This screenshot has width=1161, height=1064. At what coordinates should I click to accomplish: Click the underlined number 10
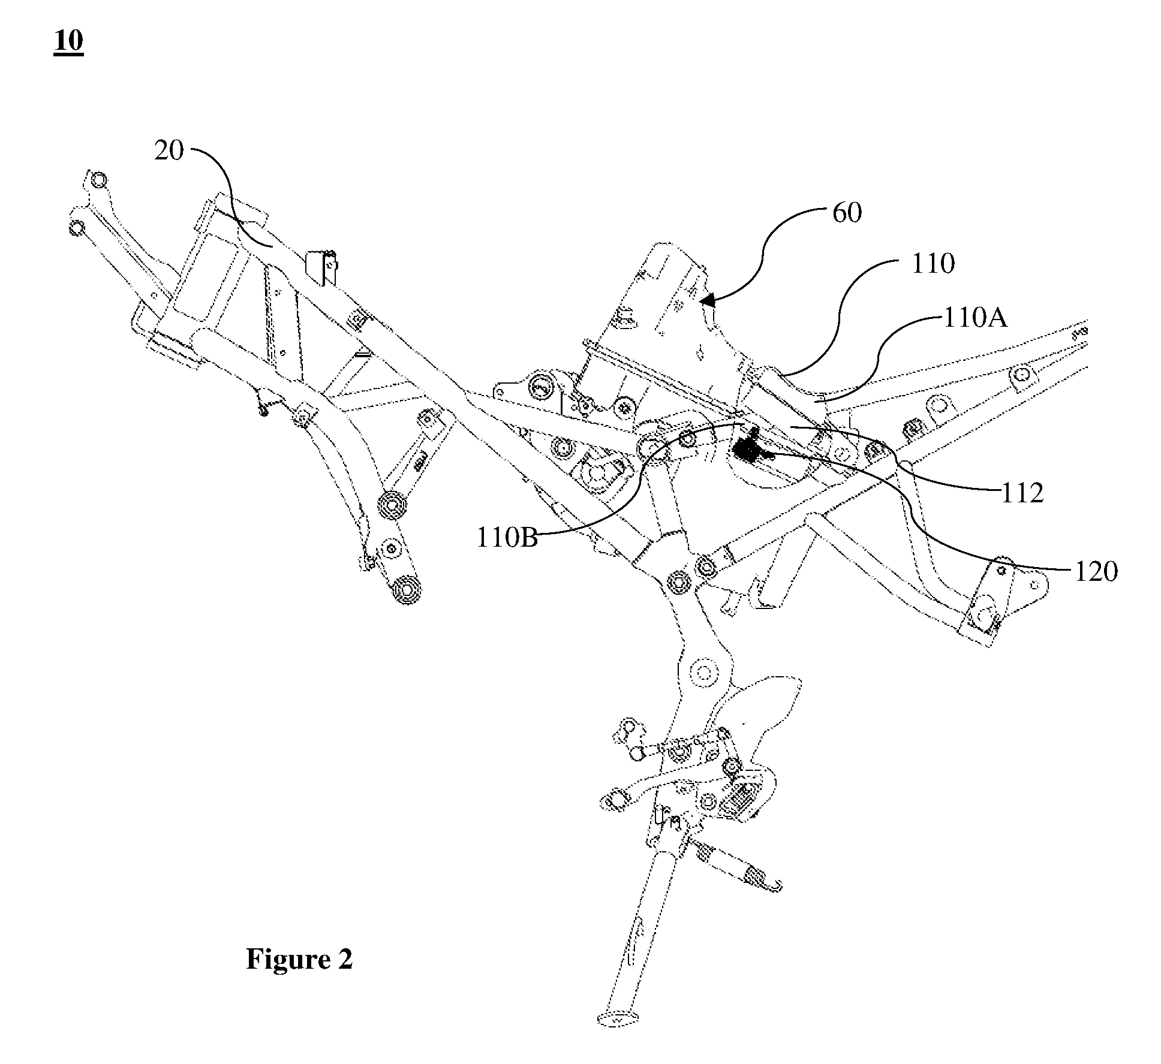point(68,42)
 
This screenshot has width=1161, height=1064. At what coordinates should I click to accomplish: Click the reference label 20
point(169,150)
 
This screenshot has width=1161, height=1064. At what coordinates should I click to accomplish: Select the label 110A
point(976,318)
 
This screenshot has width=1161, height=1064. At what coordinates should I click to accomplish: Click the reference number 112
point(1022,493)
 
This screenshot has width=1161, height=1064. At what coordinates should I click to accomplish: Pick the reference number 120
point(1096,572)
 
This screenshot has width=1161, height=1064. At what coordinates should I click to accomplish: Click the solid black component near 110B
point(748,450)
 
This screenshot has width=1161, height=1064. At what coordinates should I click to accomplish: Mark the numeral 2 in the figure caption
point(345,959)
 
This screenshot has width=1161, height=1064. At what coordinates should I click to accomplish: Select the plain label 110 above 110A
point(933,264)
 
